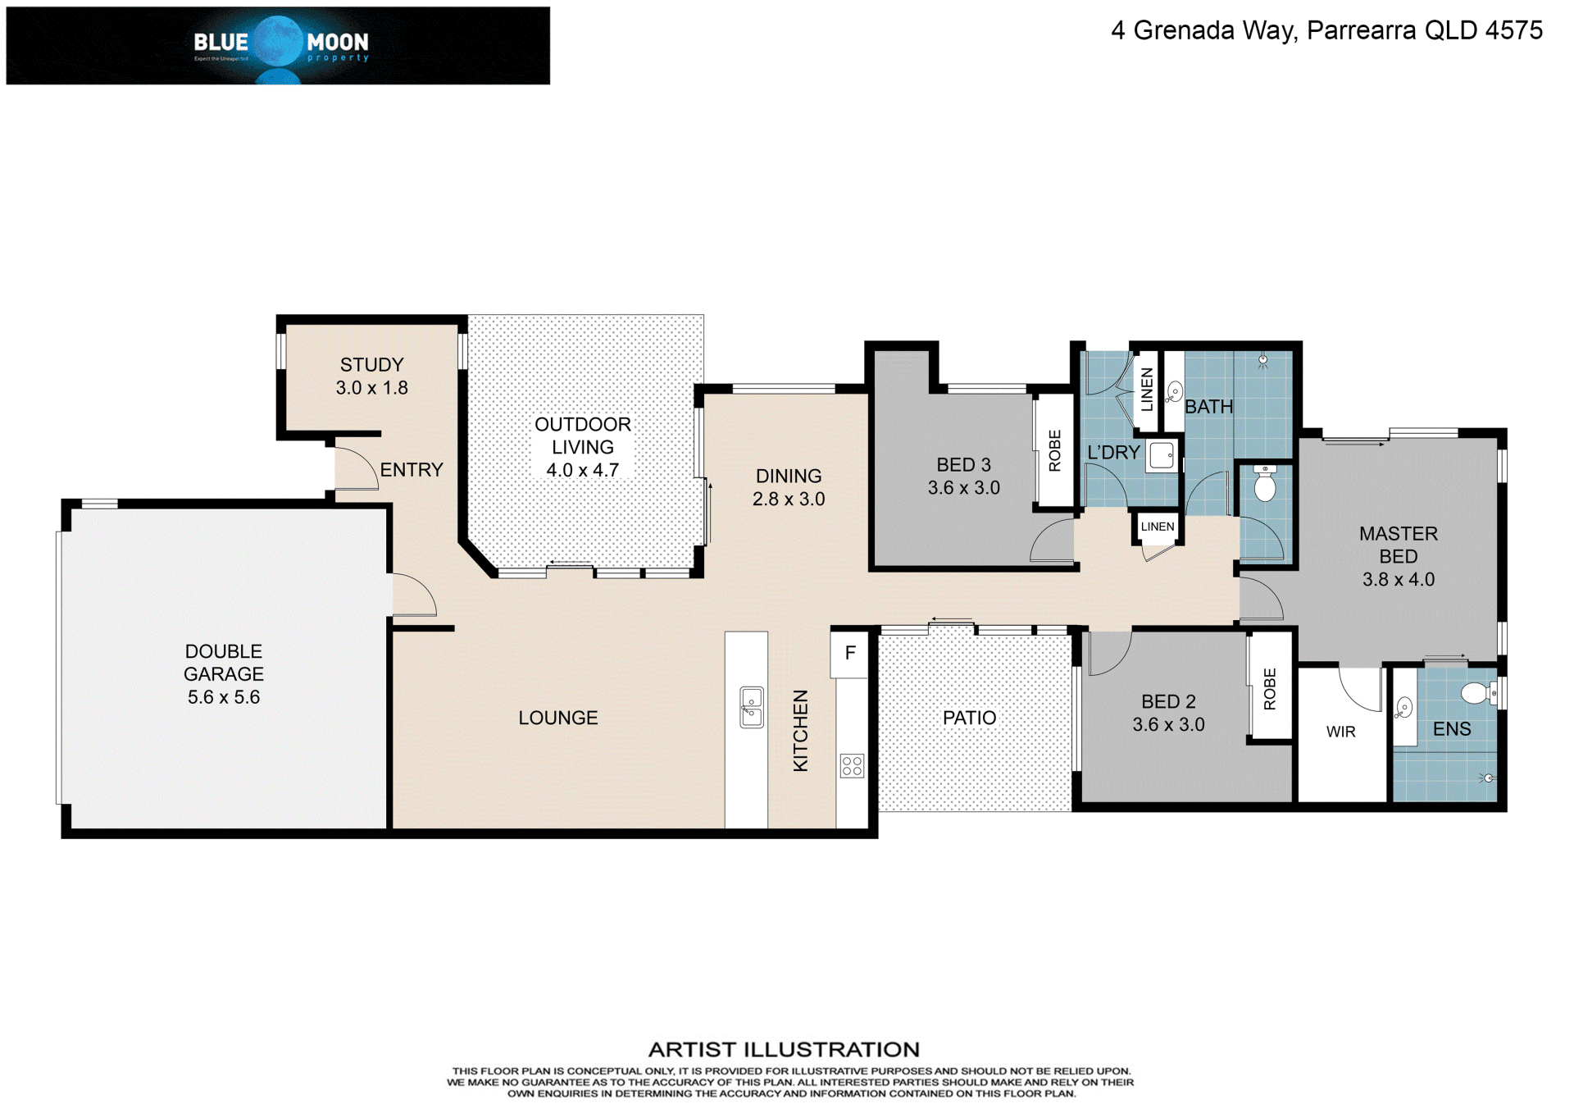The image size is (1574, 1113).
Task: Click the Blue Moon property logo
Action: pyautogui.click(x=278, y=46)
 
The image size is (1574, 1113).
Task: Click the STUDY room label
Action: pyautogui.click(x=372, y=365)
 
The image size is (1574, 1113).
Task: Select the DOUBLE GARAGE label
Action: pyautogui.click(x=224, y=663)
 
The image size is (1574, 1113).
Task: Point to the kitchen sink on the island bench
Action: pyautogui.click(x=752, y=707)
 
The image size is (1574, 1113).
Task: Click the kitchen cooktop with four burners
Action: pyautogui.click(x=852, y=766)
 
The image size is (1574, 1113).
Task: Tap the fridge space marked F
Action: pyautogui.click(x=850, y=653)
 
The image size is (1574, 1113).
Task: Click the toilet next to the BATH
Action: pyautogui.click(x=1265, y=483)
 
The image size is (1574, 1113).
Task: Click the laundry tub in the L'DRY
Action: pyautogui.click(x=1162, y=455)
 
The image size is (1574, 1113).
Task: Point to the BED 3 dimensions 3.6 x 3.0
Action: pyautogui.click(x=964, y=488)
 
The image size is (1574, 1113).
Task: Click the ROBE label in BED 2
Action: pyautogui.click(x=1270, y=689)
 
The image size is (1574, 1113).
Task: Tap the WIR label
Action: pyautogui.click(x=1341, y=732)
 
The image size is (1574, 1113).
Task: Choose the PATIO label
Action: pyautogui.click(x=970, y=718)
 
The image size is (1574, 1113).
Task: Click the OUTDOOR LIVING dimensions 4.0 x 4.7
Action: pyautogui.click(x=583, y=470)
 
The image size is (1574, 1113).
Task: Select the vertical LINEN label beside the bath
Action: pyautogui.click(x=1147, y=390)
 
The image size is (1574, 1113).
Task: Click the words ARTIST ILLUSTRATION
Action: pyautogui.click(x=784, y=1049)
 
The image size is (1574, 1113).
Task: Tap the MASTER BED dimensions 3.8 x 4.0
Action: pyautogui.click(x=1399, y=579)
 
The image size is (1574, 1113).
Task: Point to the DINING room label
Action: pyautogui.click(x=789, y=476)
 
